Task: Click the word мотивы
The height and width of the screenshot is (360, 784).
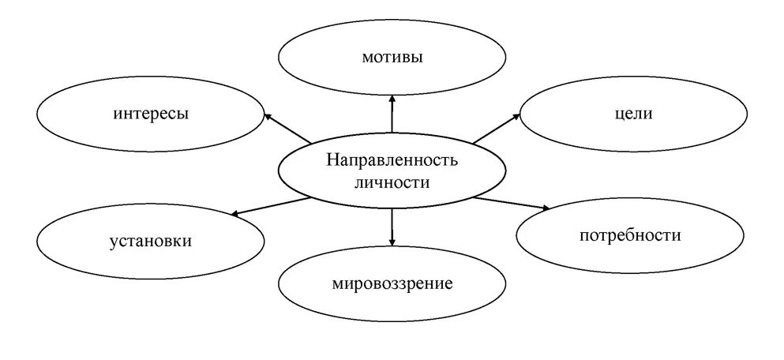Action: point(392,57)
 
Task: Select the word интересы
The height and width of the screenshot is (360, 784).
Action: point(150,114)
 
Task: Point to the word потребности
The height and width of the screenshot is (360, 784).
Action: point(629,235)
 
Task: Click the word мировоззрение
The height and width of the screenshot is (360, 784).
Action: point(392,283)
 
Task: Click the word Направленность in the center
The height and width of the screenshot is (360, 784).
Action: point(392,161)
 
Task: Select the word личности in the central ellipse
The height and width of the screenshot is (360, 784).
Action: point(392,182)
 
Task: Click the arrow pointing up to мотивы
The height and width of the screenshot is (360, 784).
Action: point(392,114)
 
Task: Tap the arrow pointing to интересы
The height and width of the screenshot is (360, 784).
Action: point(288,129)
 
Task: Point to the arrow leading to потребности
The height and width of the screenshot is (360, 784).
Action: point(512,203)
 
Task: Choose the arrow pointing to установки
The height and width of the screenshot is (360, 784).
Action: point(272,205)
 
